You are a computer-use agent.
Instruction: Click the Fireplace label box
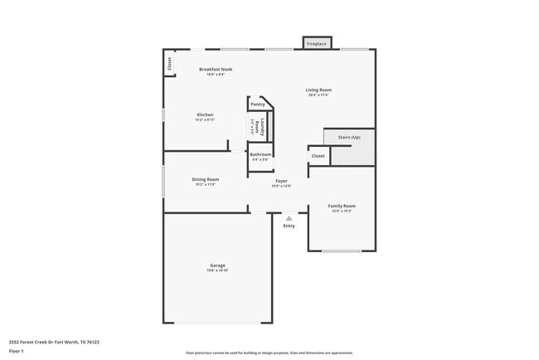pos(316,42)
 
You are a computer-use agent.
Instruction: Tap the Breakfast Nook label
pos(216,69)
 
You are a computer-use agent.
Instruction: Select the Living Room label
pos(318,90)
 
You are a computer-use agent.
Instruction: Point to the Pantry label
pos(258,105)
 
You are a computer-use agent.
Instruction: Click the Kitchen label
pos(205,114)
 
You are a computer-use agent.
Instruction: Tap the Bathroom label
pos(261,154)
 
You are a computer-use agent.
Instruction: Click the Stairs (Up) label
pos(349,137)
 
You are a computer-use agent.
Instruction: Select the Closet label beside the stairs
pos(318,156)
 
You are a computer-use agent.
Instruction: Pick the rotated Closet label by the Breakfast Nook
pos(169,63)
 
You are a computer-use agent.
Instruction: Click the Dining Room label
pos(205,179)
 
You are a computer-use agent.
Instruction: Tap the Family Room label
pos(342,206)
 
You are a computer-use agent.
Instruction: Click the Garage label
pos(217,265)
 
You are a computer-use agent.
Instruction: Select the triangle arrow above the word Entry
pos(289,218)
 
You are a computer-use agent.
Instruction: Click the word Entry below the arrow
pos(289,226)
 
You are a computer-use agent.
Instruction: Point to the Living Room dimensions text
pos(318,95)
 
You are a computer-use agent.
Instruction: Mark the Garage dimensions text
pos(217,270)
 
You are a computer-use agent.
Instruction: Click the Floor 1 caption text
pos(17,351)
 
